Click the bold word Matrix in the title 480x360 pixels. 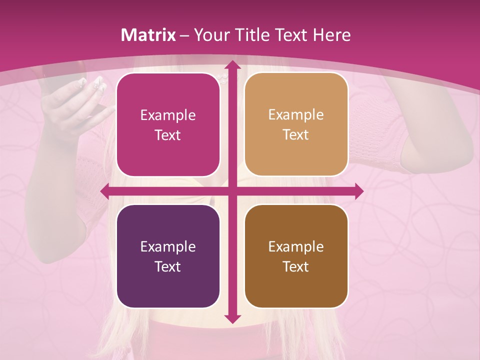point(148,35)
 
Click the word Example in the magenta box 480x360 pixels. point(168,115)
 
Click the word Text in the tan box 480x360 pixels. point(296,135)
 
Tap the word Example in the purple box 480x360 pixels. point(168,247)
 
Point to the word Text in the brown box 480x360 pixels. point(296,266)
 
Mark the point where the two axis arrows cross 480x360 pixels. point(232,191)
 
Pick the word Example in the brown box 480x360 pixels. point(296,247)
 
